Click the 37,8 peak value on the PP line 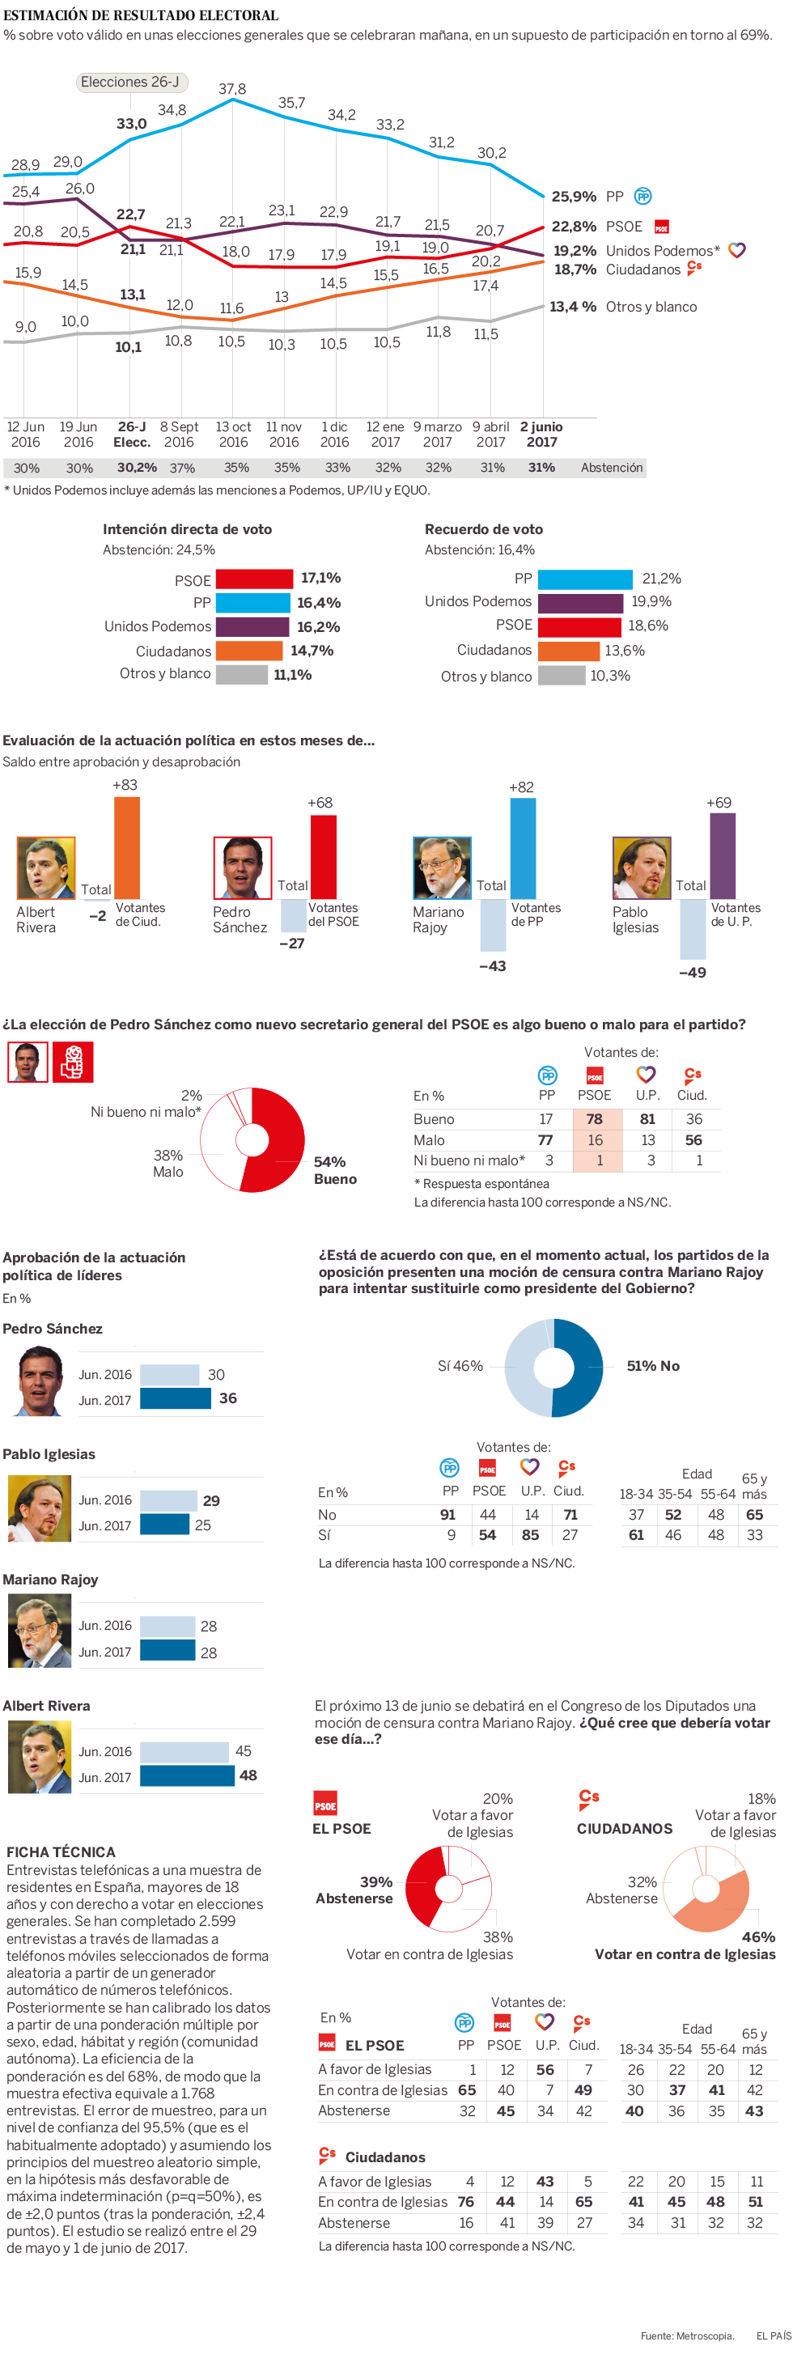[x=232, y=89]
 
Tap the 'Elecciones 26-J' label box [x=130, y=83]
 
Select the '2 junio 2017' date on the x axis [x=542, y=434]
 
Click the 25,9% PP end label [x=574, y=197]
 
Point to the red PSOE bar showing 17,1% [x=254, y=579]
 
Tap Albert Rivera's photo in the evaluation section [x=45, y=867]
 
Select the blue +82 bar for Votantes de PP [x=523, y=848]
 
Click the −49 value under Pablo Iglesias [x=693, y=973]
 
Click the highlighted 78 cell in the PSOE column [x=595, y=1118]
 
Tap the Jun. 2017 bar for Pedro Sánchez [x=176, y=1398]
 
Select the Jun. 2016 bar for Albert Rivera [x=184, y=1751]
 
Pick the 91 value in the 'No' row [x=447, y=1514]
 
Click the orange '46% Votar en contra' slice [x=717, y=1909]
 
